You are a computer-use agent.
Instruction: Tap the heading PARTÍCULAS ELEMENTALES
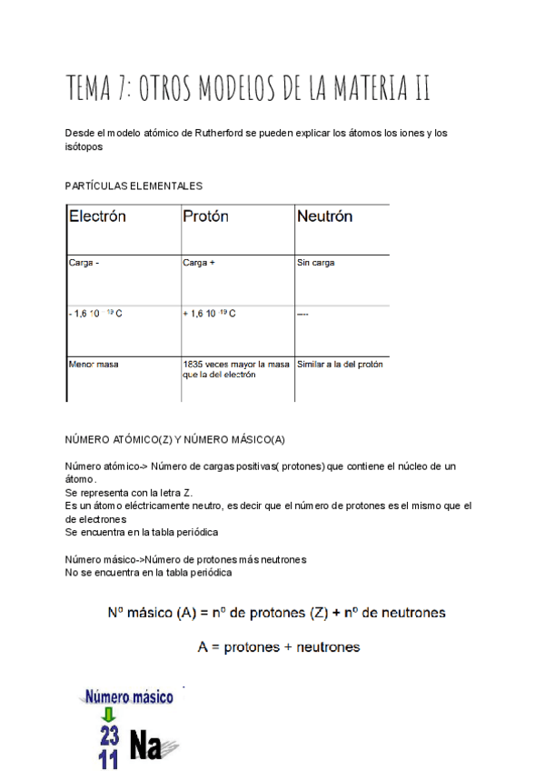(x=134, y=185)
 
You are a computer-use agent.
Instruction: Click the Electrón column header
(x=97, y=217)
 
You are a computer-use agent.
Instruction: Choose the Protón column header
(x=205, y=217)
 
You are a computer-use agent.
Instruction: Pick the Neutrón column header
(x=324, y=217)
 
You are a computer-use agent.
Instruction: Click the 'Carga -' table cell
(x=84, y=263)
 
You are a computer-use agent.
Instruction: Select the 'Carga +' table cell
(x=199, y=263)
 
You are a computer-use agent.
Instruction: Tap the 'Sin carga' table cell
(x=316, y=263)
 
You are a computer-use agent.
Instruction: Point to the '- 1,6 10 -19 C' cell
(x=95, y=314)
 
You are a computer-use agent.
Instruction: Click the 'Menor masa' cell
(x=94, y=364)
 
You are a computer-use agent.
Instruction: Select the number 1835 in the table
(x=193, y=364)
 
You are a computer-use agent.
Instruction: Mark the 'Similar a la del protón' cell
(x=340, y=364)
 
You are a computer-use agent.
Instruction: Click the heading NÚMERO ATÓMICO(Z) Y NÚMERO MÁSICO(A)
(x=174, y=439)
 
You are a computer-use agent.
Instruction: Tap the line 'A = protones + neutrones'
(x=279, y=647)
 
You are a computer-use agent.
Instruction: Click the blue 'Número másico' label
(x=129, y=698)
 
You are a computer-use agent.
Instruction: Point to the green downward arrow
(x=109, y=716)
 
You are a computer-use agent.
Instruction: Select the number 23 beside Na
(x=110, y=736)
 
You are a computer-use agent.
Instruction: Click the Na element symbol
(x=145, y=746)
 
